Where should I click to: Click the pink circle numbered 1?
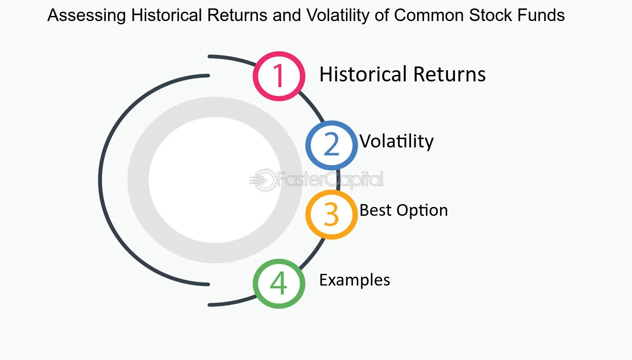(x=279, y=76)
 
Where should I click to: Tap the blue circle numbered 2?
(x=331, y=145)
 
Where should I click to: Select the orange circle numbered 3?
(x=331, y=214)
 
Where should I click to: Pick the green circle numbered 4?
(x=279, y=284)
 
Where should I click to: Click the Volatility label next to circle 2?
(x=397, y=141)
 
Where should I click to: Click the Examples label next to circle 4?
(x=354, y=280)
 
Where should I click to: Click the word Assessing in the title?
(x=87, y=16)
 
